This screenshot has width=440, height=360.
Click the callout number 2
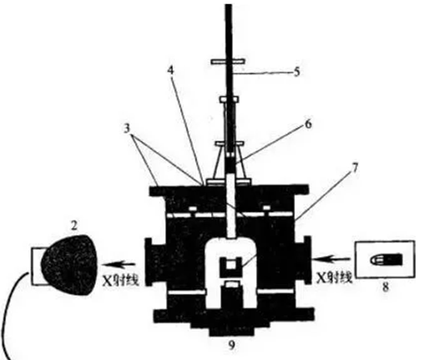(73, 226)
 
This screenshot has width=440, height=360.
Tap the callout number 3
(127, 129)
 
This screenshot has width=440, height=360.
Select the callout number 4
(170, 70)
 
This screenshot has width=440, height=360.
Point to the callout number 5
(296, 72)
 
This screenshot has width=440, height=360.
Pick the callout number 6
(308, 124)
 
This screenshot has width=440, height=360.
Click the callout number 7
(355, 168)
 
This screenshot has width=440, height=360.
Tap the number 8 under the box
(386, 287)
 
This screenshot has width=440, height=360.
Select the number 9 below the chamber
(231, 346)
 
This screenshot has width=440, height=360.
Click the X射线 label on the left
(121, 280)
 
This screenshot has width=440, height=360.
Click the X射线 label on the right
(335, 277)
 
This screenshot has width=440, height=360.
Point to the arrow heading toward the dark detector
(119, 264)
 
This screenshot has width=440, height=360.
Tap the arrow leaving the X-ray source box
(332, 259)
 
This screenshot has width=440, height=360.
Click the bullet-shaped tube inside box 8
(387, 260)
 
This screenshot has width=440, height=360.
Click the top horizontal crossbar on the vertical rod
(228, 61)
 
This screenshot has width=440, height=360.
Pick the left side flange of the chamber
(149, 261)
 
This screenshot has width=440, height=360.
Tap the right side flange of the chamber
(307, 260)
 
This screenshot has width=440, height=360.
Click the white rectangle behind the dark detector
(37, 266)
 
